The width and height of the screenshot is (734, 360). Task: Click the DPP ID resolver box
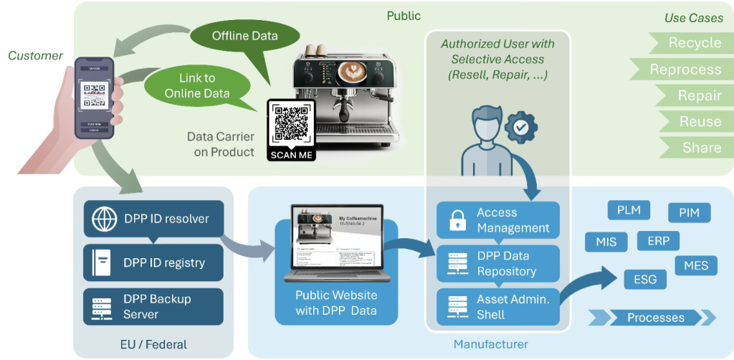(153, 219)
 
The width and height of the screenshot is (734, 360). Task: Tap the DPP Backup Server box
(153, 306)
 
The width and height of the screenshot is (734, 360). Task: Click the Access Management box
(498, 220)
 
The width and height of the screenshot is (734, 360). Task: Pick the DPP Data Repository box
(498, 263)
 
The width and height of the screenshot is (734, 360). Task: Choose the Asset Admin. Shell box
(498, 307)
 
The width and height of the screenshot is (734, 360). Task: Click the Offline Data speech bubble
(244, 36)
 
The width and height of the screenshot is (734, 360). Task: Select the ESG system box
(645, 279)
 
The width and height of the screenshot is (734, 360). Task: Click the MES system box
(696, 265)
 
